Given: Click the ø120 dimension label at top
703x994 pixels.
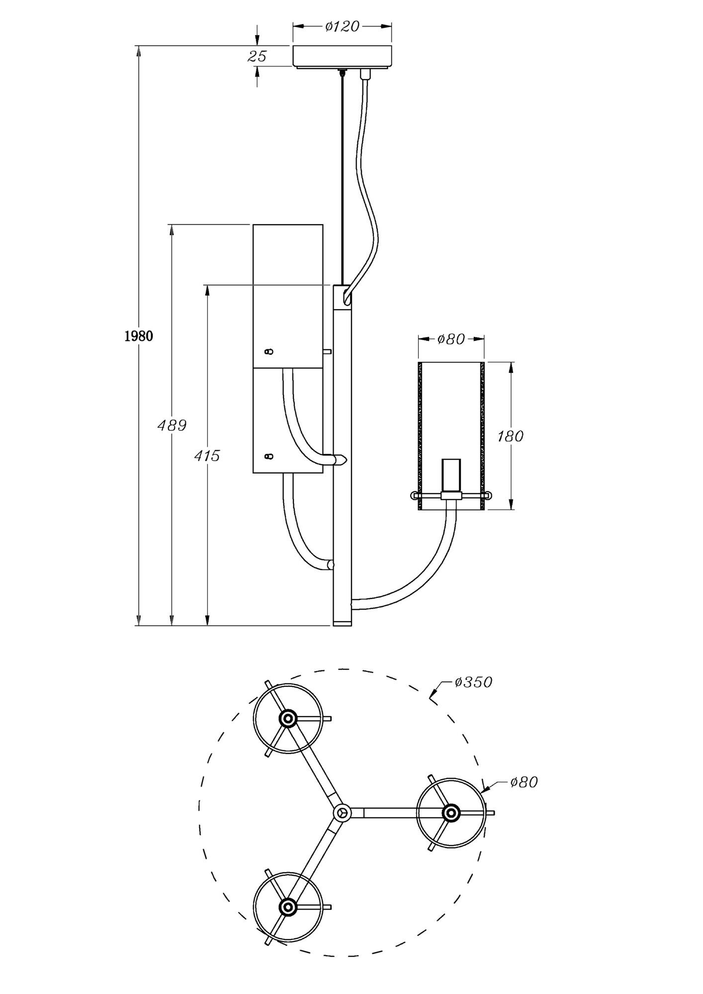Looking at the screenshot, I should click(342, 26).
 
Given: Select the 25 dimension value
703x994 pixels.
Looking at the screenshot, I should click(257, 56).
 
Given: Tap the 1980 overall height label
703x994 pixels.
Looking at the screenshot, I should click(138, 336).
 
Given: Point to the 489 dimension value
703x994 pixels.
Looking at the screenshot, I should click(172, 425).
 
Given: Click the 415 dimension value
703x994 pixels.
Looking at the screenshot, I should click(206, 455).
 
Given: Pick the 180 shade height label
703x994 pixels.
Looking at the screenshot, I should click(510, 436).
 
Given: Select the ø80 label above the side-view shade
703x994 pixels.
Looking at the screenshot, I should click(451, 339).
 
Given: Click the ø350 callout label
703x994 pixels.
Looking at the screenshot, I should click(473, 682).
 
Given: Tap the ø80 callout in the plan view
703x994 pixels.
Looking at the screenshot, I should click(524, 782).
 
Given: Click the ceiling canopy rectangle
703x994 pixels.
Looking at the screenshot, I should click(342, 56).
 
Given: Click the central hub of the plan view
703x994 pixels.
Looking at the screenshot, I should click(342, 812).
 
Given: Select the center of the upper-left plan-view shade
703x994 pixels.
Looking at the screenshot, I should click(287, 718).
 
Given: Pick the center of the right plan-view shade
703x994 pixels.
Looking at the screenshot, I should click(451, 813).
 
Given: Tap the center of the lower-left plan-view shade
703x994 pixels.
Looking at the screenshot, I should click(287, 907).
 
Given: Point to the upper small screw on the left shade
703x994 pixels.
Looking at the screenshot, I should click(269, 351).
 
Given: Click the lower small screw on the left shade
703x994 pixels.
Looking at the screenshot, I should click(269, 456).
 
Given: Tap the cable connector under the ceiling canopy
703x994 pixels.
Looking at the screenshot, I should click(365, 74).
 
